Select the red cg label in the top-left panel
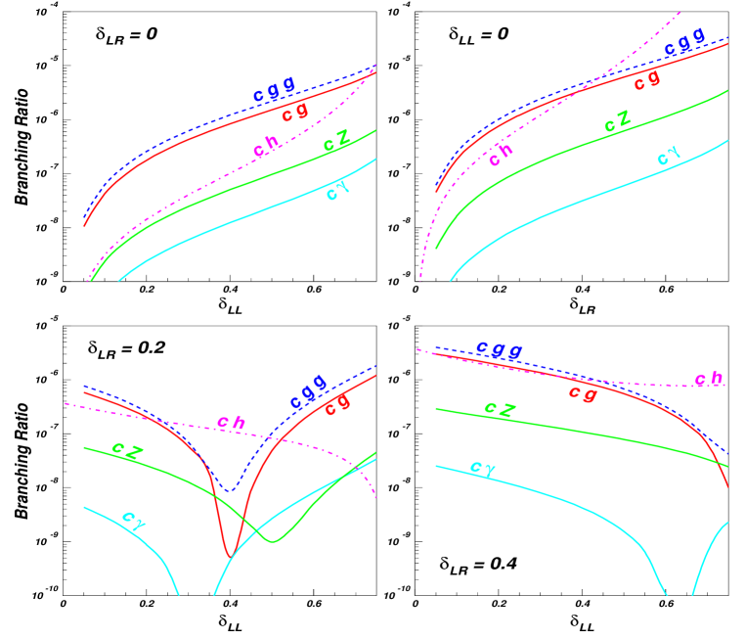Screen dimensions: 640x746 point(295,114)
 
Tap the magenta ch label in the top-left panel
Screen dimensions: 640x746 point(267,147)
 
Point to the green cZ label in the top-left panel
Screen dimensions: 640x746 point(337,144)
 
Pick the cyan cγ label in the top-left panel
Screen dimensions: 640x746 point(336,190)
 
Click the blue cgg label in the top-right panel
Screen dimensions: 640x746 point(684,42)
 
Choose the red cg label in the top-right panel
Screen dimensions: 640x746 point(646,80)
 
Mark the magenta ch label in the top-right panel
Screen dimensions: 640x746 point(502,153)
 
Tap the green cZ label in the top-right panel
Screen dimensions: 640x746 point(617,122)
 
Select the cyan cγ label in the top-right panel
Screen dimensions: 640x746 point(669,156)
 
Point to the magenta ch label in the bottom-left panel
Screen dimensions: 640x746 point(231,423)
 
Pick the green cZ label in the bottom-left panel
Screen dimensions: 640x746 point(128,449)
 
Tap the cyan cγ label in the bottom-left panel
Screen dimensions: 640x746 point(134,519)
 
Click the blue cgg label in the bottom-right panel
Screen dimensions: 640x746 point(499,349)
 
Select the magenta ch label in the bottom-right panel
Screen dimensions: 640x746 point(708,379)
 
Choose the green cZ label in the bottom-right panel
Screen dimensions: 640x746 point(500,408)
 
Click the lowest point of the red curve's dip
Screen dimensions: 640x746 point(230,557)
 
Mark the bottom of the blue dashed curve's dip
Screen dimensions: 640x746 point(229,489)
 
